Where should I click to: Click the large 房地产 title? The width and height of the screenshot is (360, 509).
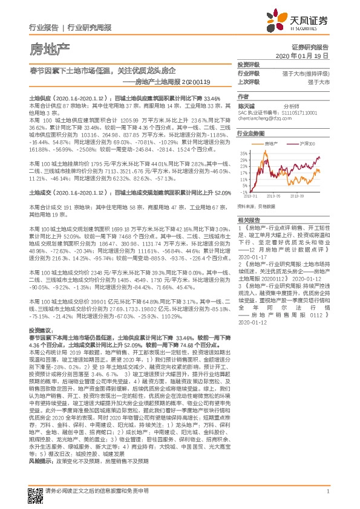point(51,47)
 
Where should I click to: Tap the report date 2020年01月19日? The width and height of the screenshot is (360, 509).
point(306,55)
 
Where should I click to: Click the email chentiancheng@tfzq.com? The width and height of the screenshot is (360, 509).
point(264,118)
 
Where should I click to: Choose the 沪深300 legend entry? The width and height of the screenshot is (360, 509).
point(308,144)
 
